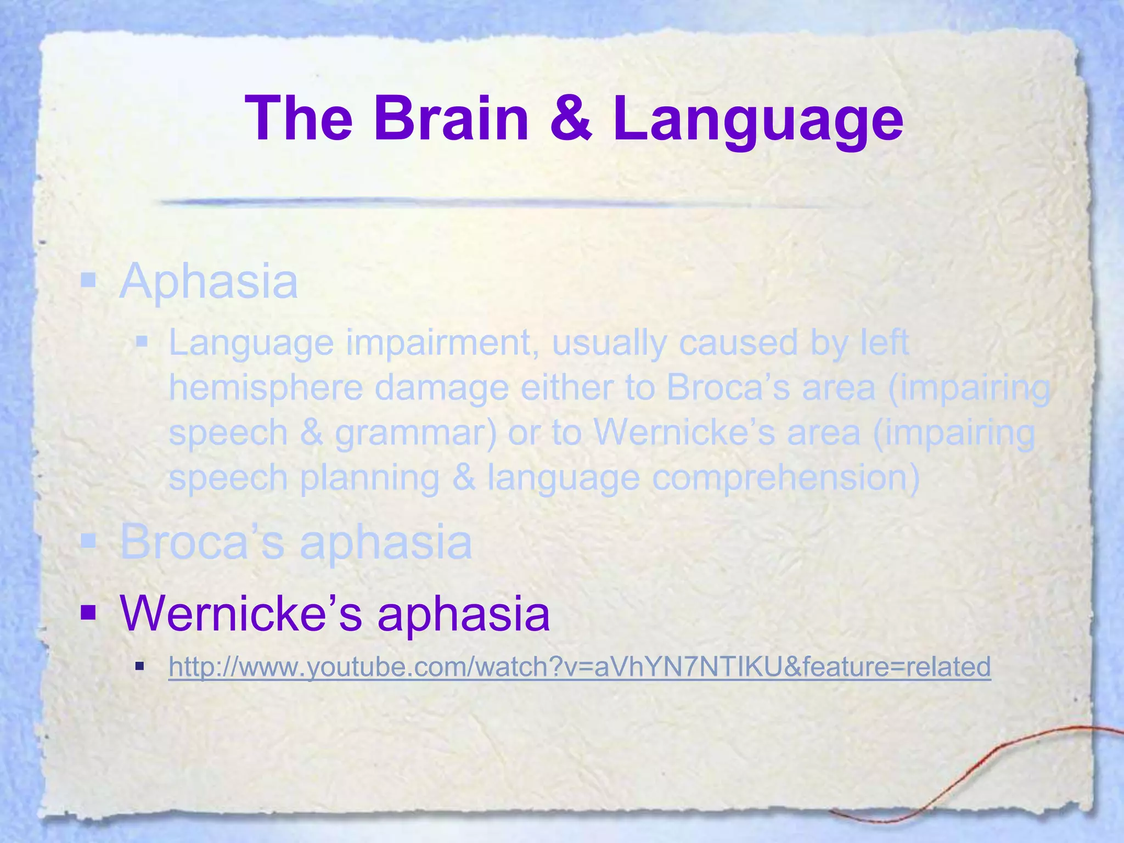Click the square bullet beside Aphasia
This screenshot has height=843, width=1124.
[88, 281]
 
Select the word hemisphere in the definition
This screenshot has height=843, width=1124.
[266, 387]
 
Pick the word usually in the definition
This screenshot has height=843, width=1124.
[609, 344]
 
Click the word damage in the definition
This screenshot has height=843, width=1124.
[442, 389]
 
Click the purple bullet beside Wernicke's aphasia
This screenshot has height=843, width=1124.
[88, 612]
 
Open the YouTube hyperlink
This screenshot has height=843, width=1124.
[580, 667]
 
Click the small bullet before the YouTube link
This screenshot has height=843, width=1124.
[140, 667]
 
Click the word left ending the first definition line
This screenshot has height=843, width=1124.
[884, 342]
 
